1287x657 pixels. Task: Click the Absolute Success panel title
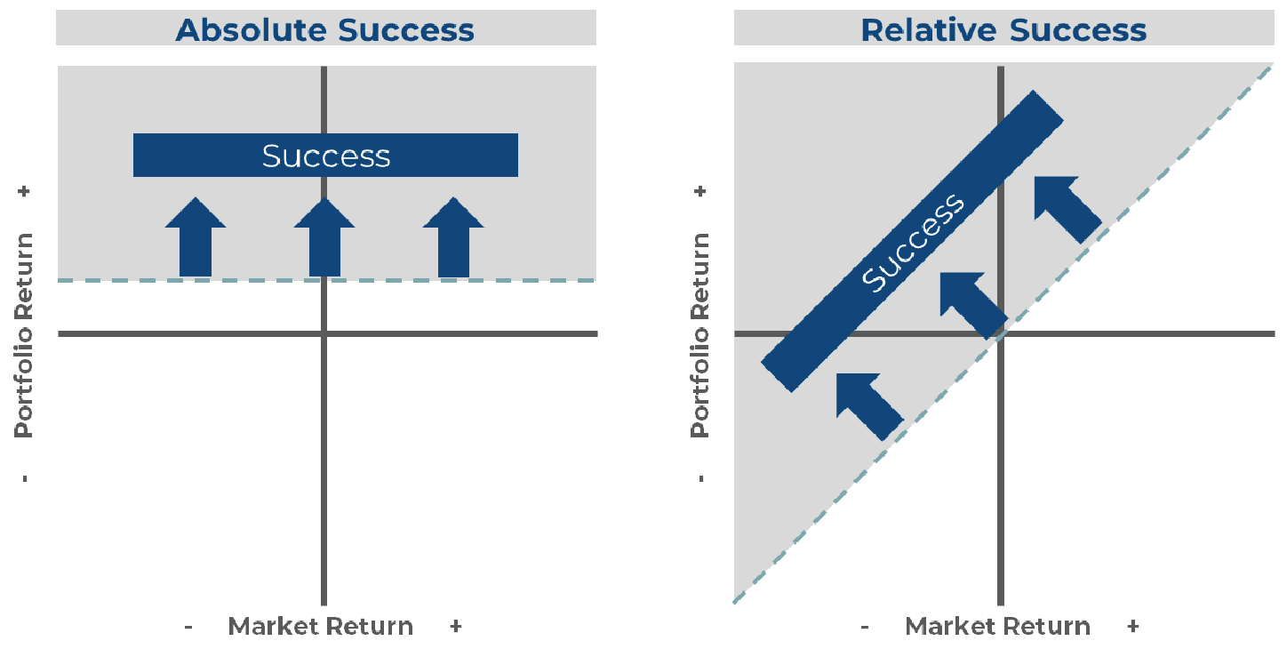pos(325,29)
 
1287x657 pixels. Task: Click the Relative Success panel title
pos(1003,29)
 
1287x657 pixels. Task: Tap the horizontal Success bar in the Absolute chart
pos(325,156)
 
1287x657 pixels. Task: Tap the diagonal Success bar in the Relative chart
pos(913,241)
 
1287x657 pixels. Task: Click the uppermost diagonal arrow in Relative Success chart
pos(1067,208)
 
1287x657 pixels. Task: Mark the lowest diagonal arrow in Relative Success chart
pos(869,405)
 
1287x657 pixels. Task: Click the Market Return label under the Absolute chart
pos(321,627)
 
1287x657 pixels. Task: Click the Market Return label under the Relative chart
pos(997,627)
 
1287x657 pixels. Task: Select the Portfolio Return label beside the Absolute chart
pos(24,334)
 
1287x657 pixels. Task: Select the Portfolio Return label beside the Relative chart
pos(701,334)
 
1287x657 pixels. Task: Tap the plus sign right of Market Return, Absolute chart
pos(455,627)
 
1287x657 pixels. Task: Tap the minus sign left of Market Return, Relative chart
pos(864,627)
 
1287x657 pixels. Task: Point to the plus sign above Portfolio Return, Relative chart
pos(701,191)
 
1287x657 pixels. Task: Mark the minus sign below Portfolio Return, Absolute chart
pos(24,479)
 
